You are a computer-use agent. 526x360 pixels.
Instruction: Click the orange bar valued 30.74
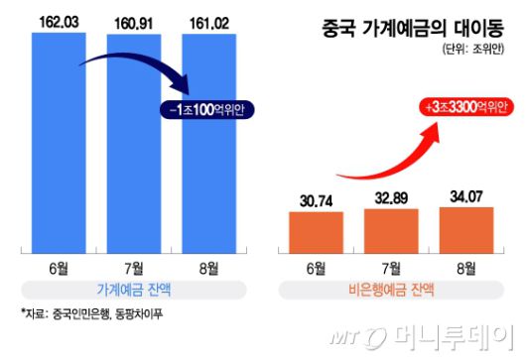coord(315,230)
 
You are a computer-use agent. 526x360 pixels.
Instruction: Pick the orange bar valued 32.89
coord(389,228)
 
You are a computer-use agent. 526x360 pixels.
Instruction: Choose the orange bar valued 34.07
coord(463,226)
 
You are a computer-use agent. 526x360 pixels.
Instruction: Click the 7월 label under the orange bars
coord(389,267)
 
